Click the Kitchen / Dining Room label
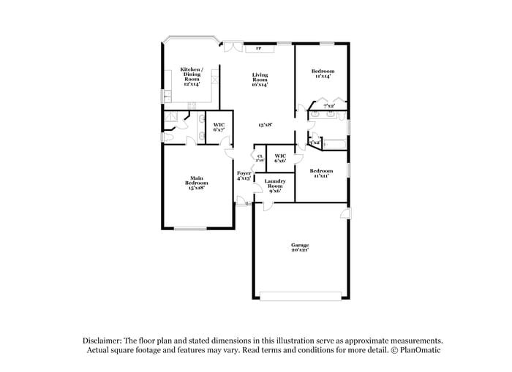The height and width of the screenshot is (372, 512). pyautogui.click(x=191, y=77)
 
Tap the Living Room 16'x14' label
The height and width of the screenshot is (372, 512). pyautogui.click(x=260, y=80)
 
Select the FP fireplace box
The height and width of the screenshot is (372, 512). pyautogui.click(x=258, y=49)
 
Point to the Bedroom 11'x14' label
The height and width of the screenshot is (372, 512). pyautogui.click(x=322, y=74)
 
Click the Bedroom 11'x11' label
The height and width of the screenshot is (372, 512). pyautogui.click(x=321, y=173)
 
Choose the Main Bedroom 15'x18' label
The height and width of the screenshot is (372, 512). pyautogui.click(x=196, y=183)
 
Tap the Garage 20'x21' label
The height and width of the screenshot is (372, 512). pyautogui.click(x=300, y=248)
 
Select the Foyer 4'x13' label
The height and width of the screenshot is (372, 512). pyautogui.click(x=244, y=175)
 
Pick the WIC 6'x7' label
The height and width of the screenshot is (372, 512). pyautogui.click(x=219, y=127)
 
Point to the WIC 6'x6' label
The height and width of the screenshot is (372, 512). pyautogui.click(x=280, y=158)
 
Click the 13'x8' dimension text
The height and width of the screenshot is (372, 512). pyautogui.click(x=265, y=125)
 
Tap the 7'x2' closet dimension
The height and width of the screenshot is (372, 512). pyautogui.click(x=329, y=106)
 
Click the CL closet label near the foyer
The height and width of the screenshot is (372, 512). pyautogui.click(x=260, y=157)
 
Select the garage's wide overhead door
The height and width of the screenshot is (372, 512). pyautogui.click(x=300, y=296)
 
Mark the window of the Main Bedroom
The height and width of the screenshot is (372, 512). pyautogui.click(x=189, y=229)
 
